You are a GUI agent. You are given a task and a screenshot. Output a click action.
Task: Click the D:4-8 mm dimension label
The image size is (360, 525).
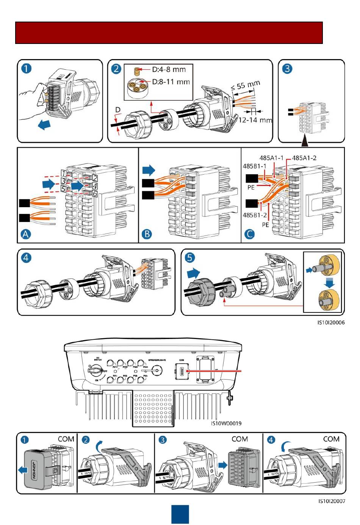click(169, 69)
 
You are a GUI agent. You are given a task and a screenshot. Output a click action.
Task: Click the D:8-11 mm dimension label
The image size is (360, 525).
click(171, 81)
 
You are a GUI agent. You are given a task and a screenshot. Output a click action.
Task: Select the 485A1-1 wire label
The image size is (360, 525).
click(271, 158)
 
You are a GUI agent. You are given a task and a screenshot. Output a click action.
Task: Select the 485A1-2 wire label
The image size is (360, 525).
click(304, 158)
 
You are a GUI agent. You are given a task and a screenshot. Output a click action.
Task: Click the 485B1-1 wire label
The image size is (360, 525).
click(254, 166)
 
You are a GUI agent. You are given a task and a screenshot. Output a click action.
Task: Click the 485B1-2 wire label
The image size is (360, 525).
click(255, 215)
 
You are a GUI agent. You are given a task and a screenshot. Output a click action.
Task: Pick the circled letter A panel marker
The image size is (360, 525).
click(25, 234)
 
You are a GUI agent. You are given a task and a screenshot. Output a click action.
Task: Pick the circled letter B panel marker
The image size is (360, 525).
click(147, 234)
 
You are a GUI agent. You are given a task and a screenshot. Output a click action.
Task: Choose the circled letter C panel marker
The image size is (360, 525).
click(250, 234)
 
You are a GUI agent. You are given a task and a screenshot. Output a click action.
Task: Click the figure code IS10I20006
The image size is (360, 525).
click(331, 323)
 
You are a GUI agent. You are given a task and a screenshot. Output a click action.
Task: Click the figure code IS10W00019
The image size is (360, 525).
click(226, 423)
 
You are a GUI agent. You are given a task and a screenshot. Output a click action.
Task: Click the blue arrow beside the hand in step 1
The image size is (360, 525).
click(45, 125)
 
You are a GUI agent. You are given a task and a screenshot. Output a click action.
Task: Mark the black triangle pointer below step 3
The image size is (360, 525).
click(305, 142)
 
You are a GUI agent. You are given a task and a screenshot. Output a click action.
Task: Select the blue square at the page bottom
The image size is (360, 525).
click(180, 514)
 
